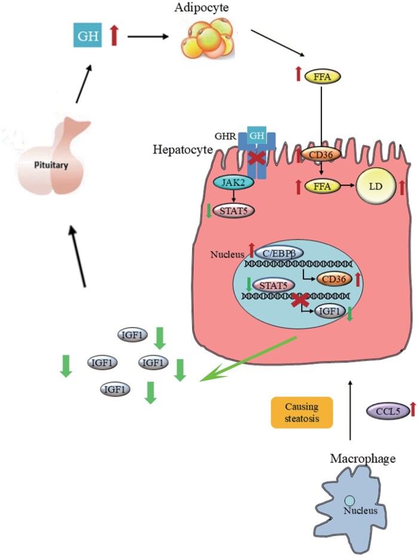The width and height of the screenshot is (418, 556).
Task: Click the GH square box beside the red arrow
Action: pyautogui.click(x=87, y=35)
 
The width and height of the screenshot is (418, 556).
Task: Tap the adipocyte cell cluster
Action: pyautogui.click(x=207, y=39)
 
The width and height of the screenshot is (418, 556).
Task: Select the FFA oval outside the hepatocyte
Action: pyautogui.click(x=322, y=76)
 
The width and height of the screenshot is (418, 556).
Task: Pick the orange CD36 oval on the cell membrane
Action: pyautogui.click(x=321, y=155)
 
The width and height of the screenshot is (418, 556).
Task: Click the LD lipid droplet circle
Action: pyautogui.click(x=376, y=186)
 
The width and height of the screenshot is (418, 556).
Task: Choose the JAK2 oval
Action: pyautogui.click(x=233, y=183)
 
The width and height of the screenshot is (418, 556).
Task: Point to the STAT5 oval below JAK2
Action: pyautogui.click(x=233, y=211)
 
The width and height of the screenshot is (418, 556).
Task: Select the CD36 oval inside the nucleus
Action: pyautogui.click(x=334, y=279)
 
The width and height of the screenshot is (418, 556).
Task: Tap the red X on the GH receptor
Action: pyautogui.click(x=257, y=158)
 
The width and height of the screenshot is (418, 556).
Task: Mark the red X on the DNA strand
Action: pyautogui.click(x=300, y=300)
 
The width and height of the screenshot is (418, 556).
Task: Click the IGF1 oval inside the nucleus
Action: pyautogui.click(x=330, y=311)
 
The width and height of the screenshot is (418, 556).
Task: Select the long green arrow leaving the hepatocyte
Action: pyautogui.click(x=248, y=359)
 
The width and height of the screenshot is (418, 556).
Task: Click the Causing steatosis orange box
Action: pyautogui.click(x=302, y=413)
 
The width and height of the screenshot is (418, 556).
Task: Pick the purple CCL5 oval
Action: pyautogui.click(x=388, y=411)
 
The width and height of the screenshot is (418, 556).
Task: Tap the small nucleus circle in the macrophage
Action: pyautogui.click(x=349, y=501)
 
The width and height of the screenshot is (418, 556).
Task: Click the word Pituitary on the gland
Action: pyautogui.click(x=51, y=165)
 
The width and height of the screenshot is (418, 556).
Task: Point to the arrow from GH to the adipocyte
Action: pyautogui.click(x=147, y=36)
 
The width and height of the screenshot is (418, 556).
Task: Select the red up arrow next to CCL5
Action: pyautogui.click(x=413, y=409)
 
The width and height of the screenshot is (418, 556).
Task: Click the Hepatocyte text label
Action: pyautogui.click(x=183, y=150)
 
